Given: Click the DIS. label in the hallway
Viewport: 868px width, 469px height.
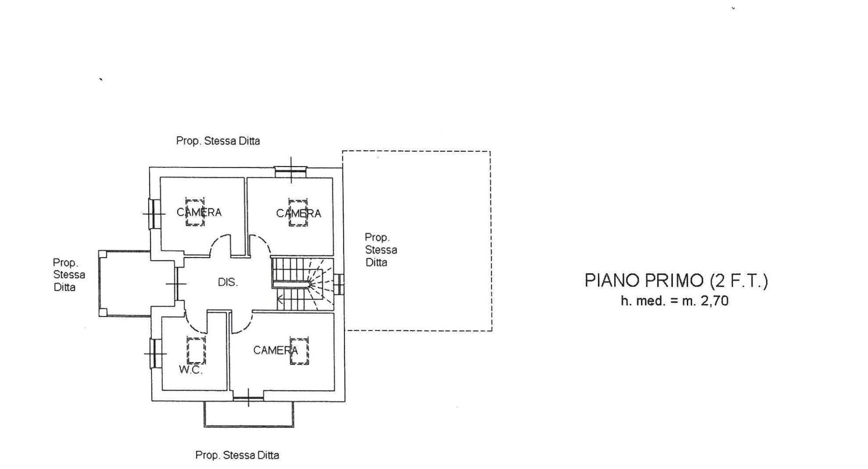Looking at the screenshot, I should coord(227,282).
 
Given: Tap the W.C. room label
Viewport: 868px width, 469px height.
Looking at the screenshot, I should coord(190,370).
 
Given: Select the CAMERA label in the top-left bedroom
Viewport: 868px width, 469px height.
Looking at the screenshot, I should coord(199,212).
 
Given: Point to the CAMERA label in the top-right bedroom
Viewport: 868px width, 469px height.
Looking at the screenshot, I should coord(298,213).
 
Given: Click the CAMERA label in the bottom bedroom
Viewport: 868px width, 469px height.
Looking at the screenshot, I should coord(275,350).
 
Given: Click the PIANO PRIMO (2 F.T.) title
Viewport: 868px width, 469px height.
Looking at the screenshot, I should coord(676,281).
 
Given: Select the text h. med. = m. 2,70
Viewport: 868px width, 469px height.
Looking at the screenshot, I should coord(675,301).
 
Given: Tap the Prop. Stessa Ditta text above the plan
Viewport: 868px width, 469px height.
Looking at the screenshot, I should coord(218,141).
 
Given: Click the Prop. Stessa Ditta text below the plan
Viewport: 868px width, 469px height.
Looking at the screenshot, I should coord(237,455).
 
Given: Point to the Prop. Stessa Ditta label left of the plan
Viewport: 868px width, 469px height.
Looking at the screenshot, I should coord(68,275).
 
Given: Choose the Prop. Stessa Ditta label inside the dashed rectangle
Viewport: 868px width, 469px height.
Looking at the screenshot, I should coord(381,250).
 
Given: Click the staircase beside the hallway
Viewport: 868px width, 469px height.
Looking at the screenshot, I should coord(302,284).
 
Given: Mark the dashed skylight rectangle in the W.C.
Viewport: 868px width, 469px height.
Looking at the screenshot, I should coord(196,350).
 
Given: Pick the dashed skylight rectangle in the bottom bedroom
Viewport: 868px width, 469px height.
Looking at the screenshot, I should coord(299,351).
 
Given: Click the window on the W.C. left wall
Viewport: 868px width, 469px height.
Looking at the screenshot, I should coord(154,353).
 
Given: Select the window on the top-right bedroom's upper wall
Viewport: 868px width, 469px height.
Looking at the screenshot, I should coord(291,170).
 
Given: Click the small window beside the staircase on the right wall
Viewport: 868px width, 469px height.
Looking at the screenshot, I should coord(340,284).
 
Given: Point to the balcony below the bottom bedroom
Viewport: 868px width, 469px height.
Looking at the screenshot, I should coord(249,414).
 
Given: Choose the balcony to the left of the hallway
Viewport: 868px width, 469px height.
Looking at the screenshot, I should coord(124,283).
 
